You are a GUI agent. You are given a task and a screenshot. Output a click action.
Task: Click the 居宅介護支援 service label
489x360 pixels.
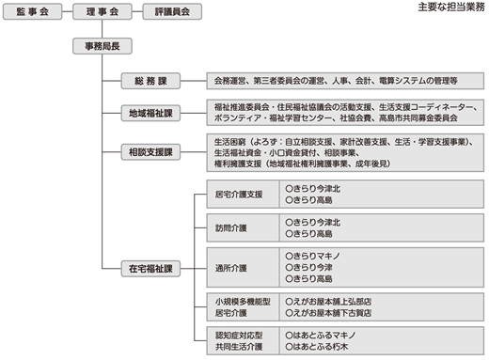[x=241, y=196]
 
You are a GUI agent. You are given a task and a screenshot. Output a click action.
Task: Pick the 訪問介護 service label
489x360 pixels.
[x=232, y=227]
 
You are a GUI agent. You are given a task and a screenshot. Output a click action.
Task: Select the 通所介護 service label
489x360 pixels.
[x=232, y=267]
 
